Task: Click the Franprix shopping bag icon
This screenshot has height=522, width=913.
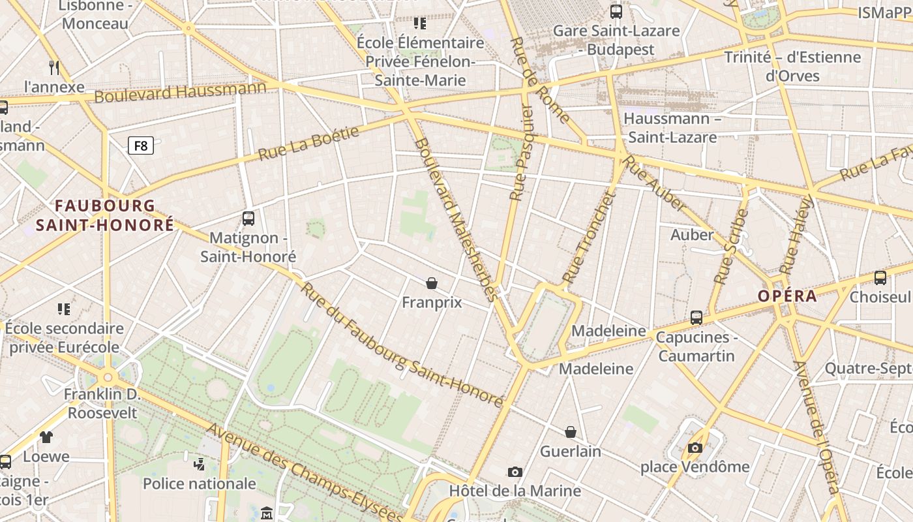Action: point(431,283)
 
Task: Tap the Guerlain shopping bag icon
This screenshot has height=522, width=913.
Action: point(571,432)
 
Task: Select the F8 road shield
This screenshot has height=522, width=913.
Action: point(141,146)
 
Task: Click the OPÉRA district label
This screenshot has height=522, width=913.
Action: point(787,296)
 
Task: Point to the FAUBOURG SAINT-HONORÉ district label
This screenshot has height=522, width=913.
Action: point(105,215)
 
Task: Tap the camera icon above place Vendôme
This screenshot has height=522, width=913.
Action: point(695,448)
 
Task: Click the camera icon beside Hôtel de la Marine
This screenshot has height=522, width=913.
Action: point(515,472)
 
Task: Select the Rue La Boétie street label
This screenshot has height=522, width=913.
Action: point(308,144)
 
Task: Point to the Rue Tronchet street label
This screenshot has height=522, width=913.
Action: point(588,238)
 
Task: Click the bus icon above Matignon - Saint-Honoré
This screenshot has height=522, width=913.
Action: point(248,219)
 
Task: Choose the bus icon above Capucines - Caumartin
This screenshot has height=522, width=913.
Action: point(696,318)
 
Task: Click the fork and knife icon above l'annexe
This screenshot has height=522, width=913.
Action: point(55,67)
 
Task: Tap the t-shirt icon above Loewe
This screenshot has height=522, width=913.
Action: point(46,437)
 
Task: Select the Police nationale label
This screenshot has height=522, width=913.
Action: point(200,484)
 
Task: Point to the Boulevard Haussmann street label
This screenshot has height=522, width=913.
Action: point(181,92)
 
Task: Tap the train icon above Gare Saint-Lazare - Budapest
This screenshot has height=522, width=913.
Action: point(616,11)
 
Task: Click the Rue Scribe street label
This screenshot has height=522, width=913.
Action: point(731,246)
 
